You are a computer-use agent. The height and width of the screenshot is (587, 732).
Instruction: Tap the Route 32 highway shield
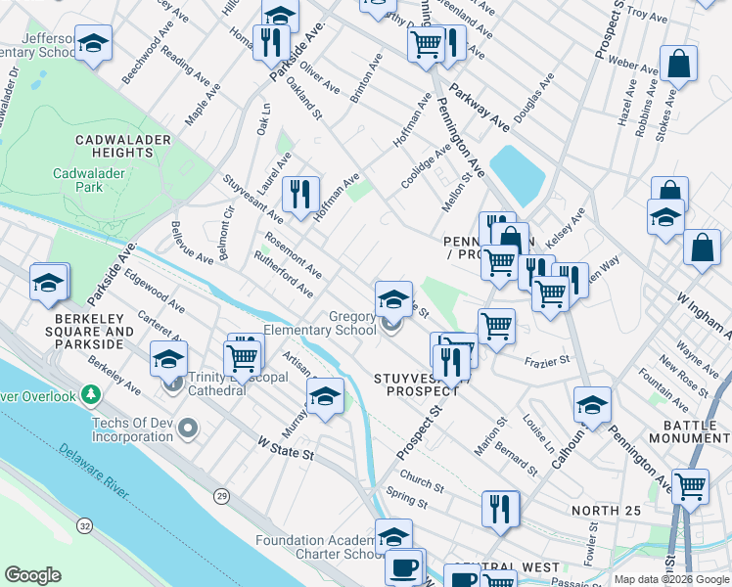click(85, 526)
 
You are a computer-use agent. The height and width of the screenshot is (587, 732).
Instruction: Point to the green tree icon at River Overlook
click(91, 395)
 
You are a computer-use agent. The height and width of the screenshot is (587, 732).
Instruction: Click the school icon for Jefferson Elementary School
click(93, 44)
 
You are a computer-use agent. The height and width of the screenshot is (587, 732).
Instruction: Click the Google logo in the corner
click(32, 575)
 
